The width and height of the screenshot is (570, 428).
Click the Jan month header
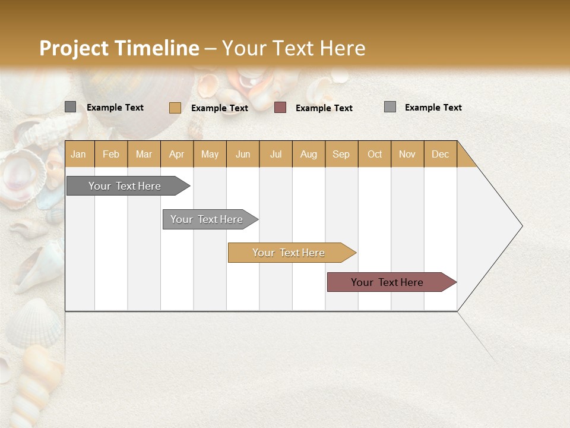coord(79,154)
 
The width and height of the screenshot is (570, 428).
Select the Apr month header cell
coord(177,154)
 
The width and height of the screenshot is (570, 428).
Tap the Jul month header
coord(276,154)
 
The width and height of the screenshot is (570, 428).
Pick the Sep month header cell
coord(341,154)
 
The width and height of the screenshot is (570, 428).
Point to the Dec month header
coord(441,154)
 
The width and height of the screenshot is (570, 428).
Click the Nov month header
coord(407,154)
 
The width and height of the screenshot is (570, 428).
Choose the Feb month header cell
coord(111,154)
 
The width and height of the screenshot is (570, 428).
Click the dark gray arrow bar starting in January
coord(125,186)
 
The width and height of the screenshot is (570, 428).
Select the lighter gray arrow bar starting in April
coord(207,219)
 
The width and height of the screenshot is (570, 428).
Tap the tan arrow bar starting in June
coord(289,253)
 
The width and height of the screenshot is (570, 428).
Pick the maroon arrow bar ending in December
coord(387,282)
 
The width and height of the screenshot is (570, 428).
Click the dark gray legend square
coord(70,107)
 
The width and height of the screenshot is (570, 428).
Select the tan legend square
coord(175,108)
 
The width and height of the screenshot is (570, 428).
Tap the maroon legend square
coord(280,108)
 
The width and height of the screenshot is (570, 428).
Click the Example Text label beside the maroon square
coord(324,108)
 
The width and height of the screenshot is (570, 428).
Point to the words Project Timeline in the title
coord(119,48)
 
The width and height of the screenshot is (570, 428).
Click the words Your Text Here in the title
coord(293,48)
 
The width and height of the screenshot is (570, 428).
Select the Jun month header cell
coord(243,154)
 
